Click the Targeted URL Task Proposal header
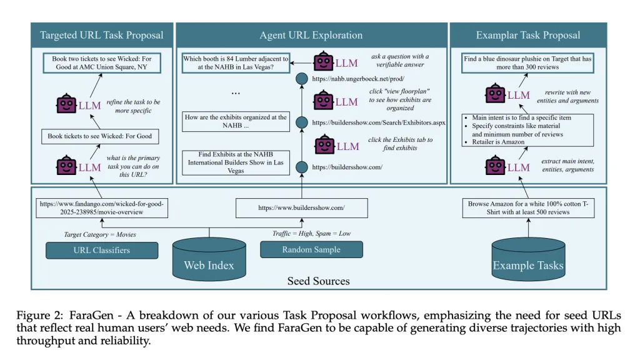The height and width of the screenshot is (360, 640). click(x=101, y=35)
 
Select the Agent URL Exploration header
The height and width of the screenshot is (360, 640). click(x=311, y=35)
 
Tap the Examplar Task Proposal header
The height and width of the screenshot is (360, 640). click(x=528, y=35)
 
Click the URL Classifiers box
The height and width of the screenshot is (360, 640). click(x=102, y=250)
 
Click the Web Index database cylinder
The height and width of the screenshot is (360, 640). click(x=209, y=259)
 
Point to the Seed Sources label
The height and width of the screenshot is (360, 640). click(x=318, y=281)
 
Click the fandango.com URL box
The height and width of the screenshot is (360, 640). click(x=102, y=207)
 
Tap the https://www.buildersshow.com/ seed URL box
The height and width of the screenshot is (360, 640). click(x=301, y=207)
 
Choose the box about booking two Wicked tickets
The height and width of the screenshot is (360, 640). click(x=101, y=62)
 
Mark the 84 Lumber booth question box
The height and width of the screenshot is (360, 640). click(x=236, y=62)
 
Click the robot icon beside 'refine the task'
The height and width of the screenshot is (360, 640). click(x=66, y=105)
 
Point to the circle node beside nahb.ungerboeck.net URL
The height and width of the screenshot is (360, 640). click(x=302, y=79)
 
